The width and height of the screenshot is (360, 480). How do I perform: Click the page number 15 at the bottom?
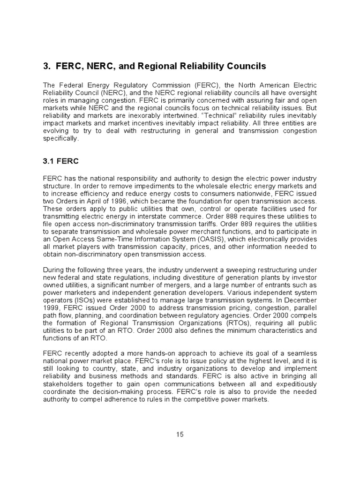pyautogui.click(x=180, y=434)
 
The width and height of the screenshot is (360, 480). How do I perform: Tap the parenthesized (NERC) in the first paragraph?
pyautogui.click(x=110, y=93)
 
